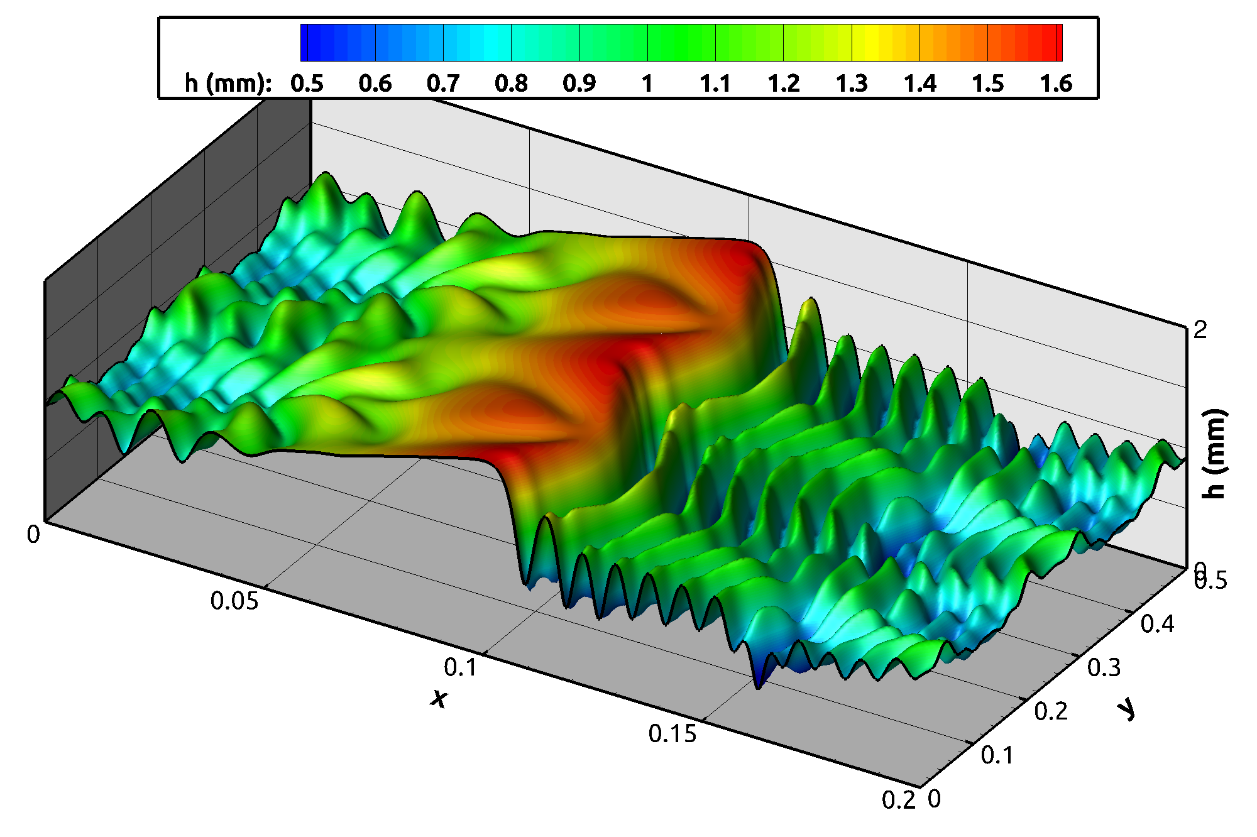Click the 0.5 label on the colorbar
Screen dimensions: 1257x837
pyautogui.click(x=307, y=84)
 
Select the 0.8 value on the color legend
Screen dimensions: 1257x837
pyautogui.click(x=511, y=84)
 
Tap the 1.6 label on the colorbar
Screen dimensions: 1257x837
pyautogui.click(x=1056, y=84)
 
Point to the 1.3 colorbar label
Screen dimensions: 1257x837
pyautogui.click(x=852, y=84)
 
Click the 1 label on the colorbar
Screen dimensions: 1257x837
pyautogui.click(x=647, y=84)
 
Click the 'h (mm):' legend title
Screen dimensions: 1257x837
pyautogui.click(x=228, y=84)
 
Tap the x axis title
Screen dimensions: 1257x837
pyautogui.click(x=439, y=697)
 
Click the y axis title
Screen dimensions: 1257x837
pyautogui.click(x=1127, y=709)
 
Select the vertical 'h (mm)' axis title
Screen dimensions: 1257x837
pyautogui.click(x=1214, y=454)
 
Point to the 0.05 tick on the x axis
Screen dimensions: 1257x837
pyautogui.click(x=234, y=601)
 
